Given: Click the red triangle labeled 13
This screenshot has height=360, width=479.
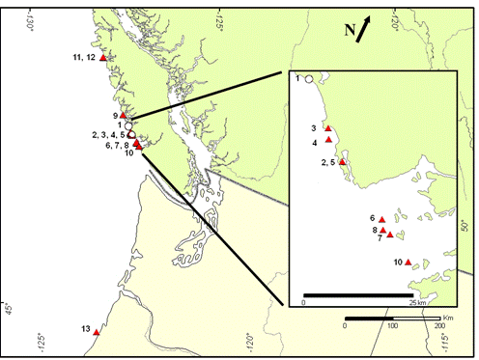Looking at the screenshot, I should tap(98, 332).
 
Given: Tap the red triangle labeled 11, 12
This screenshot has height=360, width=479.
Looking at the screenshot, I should tap(103, 59).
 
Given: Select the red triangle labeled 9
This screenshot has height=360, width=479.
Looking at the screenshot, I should tap(123, 116).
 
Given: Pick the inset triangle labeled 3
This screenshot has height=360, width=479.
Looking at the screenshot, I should tap(329, 128).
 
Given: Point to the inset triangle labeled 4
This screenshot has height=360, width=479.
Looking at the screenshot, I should tap(329, 140).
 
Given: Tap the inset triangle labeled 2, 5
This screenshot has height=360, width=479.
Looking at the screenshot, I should tap(342, 162).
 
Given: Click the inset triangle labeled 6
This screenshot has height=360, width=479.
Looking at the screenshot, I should tap(382, 219).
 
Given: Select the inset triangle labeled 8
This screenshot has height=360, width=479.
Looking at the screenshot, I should tap(382, 230).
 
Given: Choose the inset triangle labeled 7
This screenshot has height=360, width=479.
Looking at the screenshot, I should tap(390, 234).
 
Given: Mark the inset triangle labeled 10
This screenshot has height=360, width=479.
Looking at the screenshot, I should tap(409, 262).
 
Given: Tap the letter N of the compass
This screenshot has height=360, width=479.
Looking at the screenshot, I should tap(350, 30).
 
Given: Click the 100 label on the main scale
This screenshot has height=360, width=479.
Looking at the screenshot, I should tap(393, 326).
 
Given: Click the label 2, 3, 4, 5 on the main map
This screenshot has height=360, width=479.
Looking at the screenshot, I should tap(108, 134).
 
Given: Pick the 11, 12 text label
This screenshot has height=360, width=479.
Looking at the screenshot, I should tap(83, 59).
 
